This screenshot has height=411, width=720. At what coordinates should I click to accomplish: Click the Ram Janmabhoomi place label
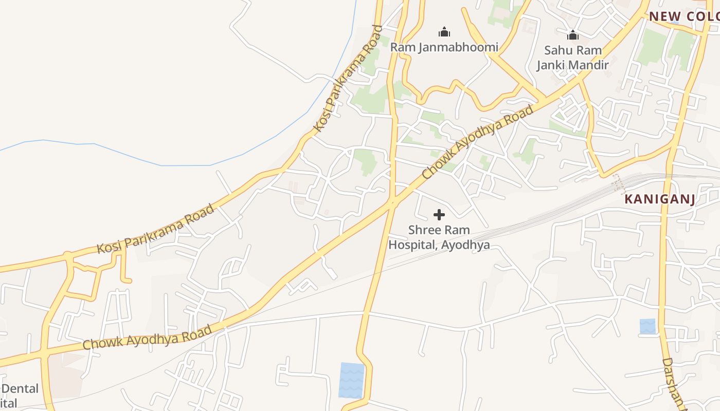[444, 47]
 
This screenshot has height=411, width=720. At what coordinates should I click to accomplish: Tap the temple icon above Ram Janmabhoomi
[444, 32]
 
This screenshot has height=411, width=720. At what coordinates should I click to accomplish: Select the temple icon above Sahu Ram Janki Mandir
[572, 35]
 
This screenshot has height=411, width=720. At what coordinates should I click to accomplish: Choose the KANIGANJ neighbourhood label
[659, 199]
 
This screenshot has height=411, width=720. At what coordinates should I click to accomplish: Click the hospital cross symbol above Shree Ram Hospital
[439, 215]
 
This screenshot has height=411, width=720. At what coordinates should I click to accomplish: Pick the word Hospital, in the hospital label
[411, 245]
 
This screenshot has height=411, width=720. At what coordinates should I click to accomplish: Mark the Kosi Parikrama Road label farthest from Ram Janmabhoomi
[155, 229]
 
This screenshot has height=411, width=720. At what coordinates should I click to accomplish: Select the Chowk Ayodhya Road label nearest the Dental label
[147, 337]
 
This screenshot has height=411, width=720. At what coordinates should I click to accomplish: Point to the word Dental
[20, 388]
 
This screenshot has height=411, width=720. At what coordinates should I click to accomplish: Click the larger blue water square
[352, 380]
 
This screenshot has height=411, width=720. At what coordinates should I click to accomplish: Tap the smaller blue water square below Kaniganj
[647, 326]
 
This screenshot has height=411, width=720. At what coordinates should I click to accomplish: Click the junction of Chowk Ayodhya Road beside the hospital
[392, 202]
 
